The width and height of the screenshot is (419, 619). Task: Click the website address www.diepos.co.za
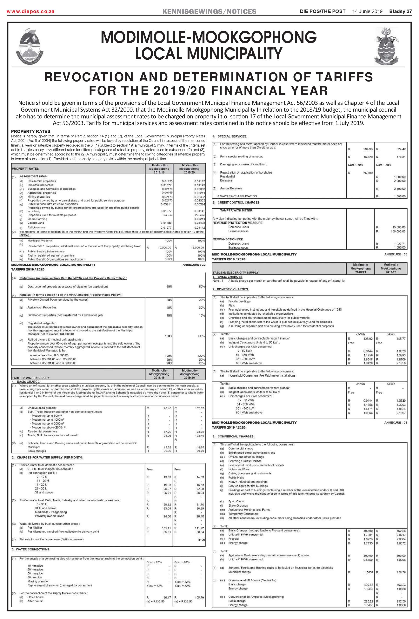(31, 11)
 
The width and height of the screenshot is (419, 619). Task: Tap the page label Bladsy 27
(400, 11)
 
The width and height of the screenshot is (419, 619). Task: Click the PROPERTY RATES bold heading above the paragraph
(30, 131)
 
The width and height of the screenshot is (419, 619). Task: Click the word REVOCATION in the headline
(89, 77)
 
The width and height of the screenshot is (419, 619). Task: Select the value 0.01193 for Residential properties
(200, 181)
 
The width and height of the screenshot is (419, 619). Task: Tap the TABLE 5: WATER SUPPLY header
(30, 378)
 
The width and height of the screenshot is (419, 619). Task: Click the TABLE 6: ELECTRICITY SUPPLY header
(236, 273)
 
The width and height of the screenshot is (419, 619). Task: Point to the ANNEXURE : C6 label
(396, 423)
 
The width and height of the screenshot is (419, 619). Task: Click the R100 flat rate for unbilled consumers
(201, 540)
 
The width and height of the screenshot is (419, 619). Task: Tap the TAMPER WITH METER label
(236, 210)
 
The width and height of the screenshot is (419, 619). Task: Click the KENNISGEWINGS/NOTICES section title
(209, 11)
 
